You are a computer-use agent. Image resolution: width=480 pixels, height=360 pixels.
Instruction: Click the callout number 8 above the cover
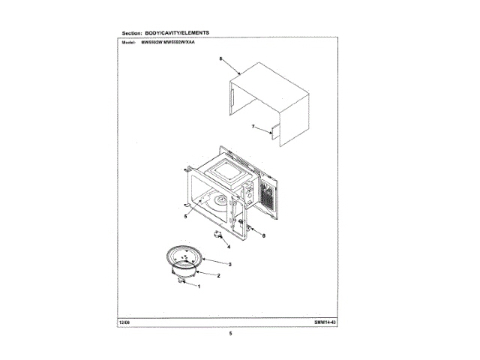click(220, 58)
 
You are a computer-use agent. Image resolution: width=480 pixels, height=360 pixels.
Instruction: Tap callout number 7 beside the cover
click(253, 127)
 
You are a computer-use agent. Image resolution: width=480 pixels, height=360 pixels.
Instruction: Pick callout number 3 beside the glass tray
click(229, 264)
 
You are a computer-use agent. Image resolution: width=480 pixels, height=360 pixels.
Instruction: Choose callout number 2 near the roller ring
click(217, 275)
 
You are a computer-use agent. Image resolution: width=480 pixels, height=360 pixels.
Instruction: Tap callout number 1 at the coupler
click(199, 288)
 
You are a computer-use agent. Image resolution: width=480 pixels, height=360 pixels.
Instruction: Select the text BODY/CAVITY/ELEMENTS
click(178, 34)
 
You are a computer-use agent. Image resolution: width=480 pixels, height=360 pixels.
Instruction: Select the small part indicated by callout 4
click(219, 235)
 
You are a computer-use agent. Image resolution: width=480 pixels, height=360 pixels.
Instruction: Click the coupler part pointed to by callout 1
click(182, 282)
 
